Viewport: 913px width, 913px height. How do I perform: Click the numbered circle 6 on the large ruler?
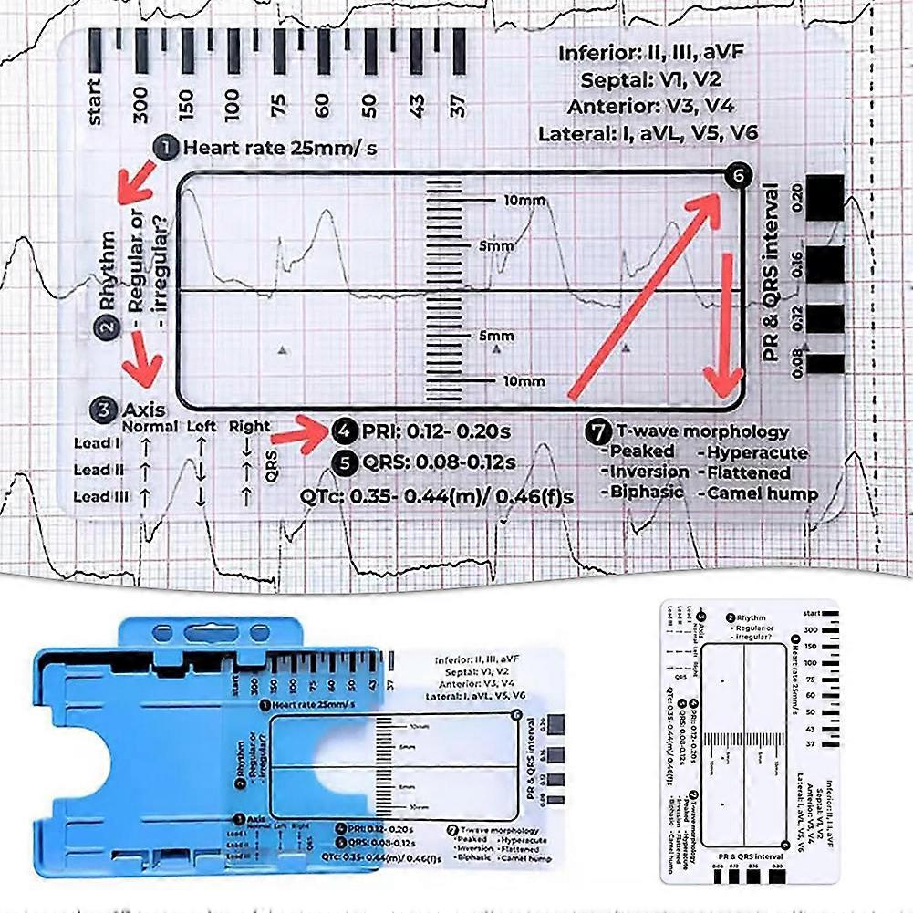(738, 177)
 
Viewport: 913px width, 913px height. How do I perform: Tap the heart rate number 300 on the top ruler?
(140, 106)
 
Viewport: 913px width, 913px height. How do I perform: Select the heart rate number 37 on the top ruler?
(459, 106)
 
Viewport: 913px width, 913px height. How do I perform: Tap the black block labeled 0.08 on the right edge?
(826, 363)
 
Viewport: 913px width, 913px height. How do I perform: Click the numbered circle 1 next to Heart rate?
(166, 147)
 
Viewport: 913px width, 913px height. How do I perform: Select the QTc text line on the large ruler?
(437, 496)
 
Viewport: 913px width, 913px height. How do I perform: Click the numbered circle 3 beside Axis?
(106, 410)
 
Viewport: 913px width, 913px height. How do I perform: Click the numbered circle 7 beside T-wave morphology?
(599, 431)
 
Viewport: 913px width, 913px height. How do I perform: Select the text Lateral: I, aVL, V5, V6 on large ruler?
(648, 133)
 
